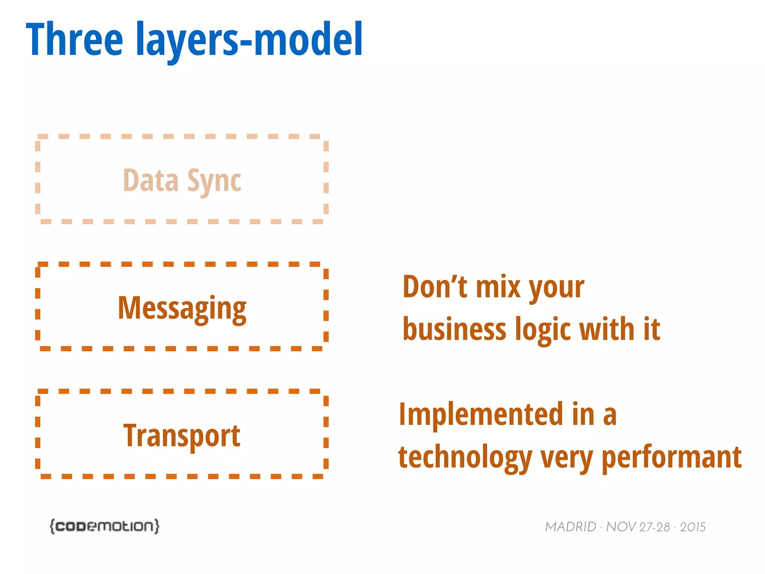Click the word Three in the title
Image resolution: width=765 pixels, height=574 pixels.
pos(74,39)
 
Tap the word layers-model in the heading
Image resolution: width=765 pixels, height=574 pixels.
pos(249,39)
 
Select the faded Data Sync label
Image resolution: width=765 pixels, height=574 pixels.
pos(182,181)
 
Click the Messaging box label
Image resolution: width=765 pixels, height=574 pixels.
pos(182,308)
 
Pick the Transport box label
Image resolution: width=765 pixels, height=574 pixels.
pos(182,436)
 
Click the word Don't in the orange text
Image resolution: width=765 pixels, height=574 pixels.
pos(434,287)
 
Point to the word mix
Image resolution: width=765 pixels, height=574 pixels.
pos(499,287)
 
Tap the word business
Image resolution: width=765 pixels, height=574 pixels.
pos(454,329)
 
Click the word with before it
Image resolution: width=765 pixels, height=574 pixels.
pos(607,329)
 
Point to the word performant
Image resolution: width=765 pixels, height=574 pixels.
pos(672,458)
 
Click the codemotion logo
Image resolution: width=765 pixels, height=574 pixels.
pos(105,526)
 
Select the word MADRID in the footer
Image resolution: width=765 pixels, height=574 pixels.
pos(570,527)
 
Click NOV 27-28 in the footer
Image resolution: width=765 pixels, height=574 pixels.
pos(638,527)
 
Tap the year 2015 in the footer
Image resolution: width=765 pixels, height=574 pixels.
pos(693,527)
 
